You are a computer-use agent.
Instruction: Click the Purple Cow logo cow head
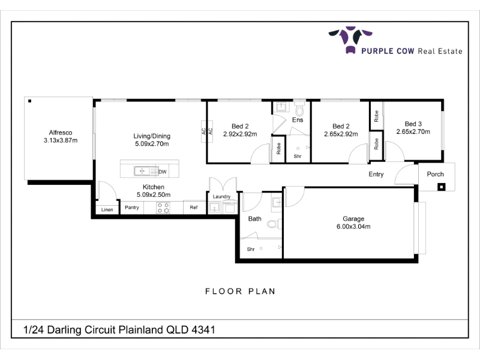pos(350,40)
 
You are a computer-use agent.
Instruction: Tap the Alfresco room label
pos(61,133)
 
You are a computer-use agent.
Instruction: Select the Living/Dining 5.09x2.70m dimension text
pos(152,144)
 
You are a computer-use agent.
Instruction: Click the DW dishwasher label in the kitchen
pos(163,172)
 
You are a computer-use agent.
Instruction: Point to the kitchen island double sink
pos(146,171)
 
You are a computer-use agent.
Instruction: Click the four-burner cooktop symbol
pos(163,208)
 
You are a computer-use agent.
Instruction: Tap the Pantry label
pos(132,208)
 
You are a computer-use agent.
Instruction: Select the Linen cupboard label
pos(107,209)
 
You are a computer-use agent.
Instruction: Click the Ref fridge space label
pos(194,208)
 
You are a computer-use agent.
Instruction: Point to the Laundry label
pos(221,197)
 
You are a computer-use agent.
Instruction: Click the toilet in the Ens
pos(299,107)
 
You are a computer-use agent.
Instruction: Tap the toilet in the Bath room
pos(274,224)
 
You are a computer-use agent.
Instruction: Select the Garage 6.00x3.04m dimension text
pos(353,227)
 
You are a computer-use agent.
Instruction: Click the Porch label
pos(436,174)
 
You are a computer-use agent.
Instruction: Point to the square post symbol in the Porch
pos(441,187)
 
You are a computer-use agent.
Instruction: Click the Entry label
pos(376,174)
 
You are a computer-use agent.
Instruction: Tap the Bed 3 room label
pos(413,124)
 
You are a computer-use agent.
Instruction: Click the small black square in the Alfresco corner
pos(29,101)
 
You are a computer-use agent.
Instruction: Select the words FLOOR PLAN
pos(241,291)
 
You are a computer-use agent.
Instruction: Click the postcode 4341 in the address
pos(203,330)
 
